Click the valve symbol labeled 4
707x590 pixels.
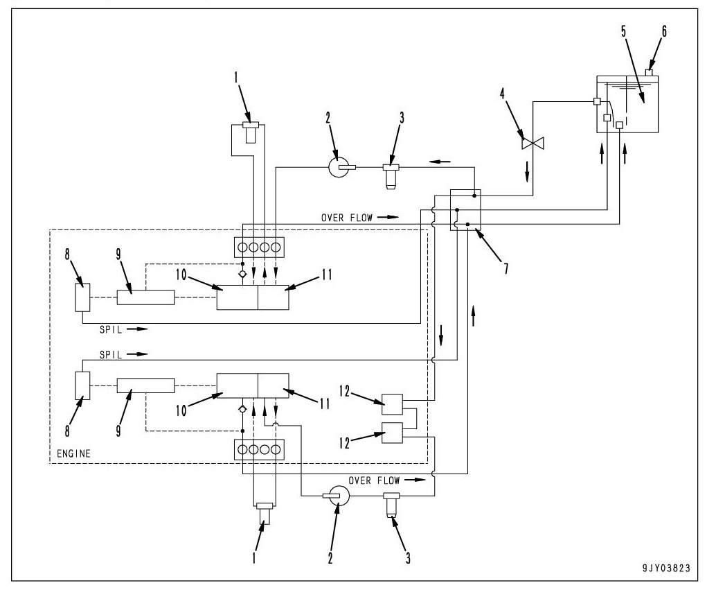(x=533, y=144)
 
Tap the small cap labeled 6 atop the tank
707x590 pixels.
(x=651, y=72)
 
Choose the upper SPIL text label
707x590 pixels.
(x=111, y=329)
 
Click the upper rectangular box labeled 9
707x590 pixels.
(x=145, y=297)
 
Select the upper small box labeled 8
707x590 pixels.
(x=82, y=296)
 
